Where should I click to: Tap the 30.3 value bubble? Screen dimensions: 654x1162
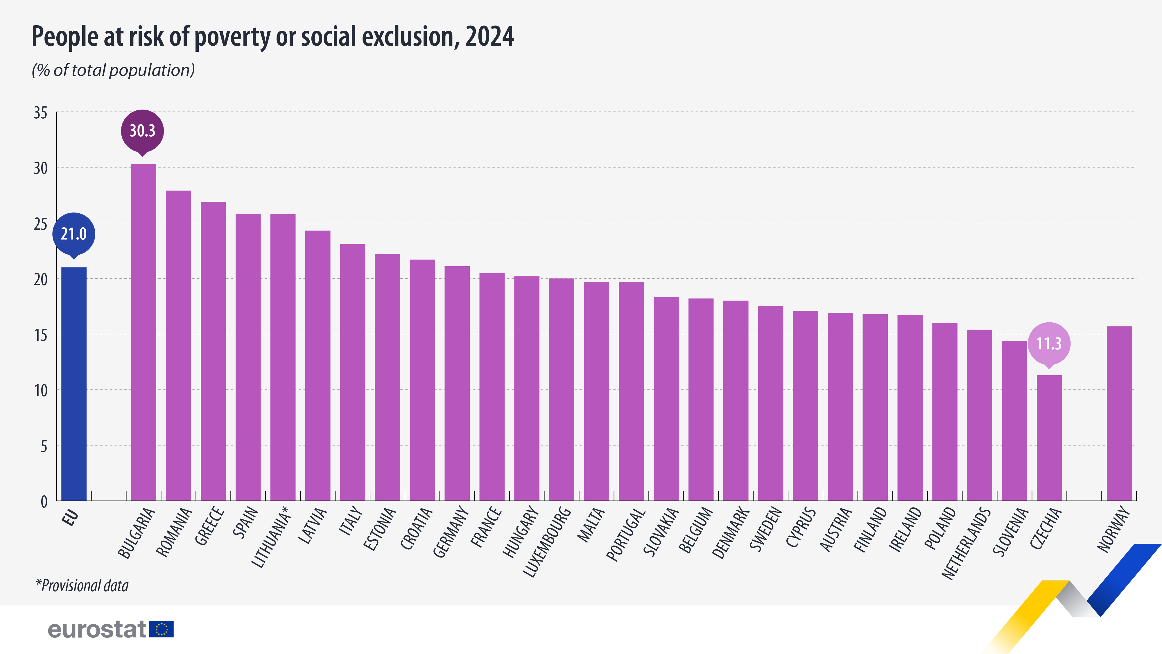(142, 131)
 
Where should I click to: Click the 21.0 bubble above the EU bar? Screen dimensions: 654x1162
(73, 234)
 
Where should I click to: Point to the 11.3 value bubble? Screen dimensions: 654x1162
(1049, 344)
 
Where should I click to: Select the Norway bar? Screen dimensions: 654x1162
(1119, 413)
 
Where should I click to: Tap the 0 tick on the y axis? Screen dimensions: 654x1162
(44, 501)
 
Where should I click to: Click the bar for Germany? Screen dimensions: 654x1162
(457, 384)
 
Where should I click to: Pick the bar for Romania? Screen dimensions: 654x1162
(178, 345)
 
